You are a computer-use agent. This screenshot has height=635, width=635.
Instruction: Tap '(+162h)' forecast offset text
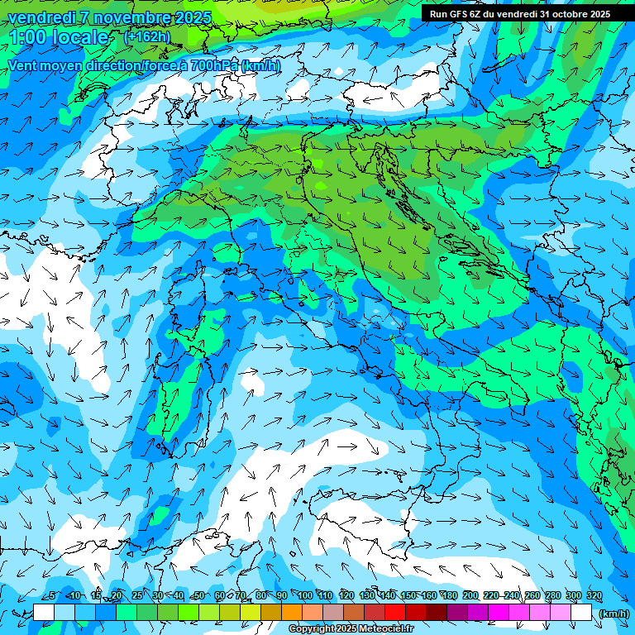(x=147, y=36)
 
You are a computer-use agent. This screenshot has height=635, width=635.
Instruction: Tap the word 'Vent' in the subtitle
(x=23, y=65)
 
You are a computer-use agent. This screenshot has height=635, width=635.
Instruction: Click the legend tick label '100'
(x=305, y=596)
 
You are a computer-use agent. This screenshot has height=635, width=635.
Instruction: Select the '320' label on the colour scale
(x=594, y=596)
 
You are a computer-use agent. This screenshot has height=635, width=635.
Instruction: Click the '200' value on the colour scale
(x=470, y=596)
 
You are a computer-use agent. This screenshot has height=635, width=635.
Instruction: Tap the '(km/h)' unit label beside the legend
(x=614, y=614)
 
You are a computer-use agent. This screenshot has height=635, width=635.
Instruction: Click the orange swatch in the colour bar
(x=292, y=613)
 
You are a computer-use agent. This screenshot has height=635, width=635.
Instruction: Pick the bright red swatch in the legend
(x=395, y=613)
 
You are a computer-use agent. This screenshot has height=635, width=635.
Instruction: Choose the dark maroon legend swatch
(x=437, y=613)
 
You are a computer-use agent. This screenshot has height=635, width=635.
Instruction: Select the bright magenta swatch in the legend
(x=499, y=613)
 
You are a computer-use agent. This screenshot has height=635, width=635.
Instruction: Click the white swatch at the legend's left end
(x=44, y=613)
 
